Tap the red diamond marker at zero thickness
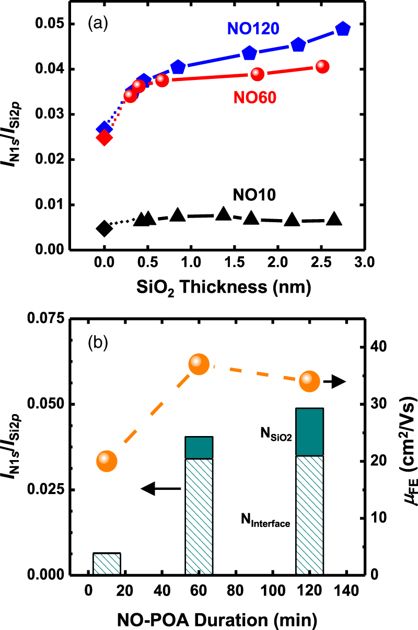[104, 138]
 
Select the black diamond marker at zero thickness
[104, 228]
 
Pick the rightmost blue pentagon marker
[343, 29]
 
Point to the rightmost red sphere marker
[322, 66]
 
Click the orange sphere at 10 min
[107, 461]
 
